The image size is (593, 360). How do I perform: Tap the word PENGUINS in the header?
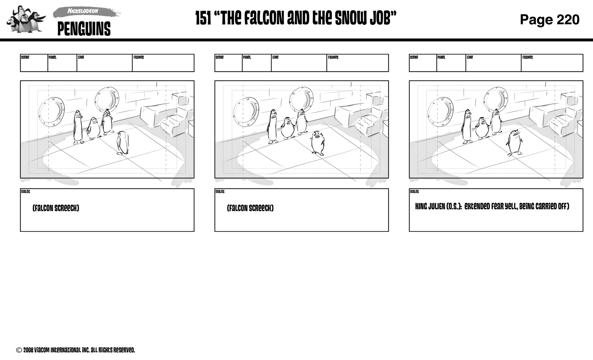(x=84, y=29)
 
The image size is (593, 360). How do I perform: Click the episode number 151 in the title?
(x=203, y=19)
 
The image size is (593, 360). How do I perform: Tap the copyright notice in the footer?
(x=76, y=350)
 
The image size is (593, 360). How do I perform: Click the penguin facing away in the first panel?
(x=123, y=143)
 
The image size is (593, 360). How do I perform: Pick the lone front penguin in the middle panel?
(x=318, y=143)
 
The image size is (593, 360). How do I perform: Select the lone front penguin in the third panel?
(x=514, y=142)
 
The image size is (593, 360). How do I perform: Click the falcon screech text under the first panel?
(x=56, y=208)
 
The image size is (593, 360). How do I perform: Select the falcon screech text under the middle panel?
(x=250, y=208)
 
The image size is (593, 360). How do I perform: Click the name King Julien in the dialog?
(x=430, y=207)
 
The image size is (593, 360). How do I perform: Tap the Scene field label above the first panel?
(x=25, y=57)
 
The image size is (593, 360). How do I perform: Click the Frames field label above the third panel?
(x=527, y=57)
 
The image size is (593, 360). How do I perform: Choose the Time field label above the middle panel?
(x=275, y=57)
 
